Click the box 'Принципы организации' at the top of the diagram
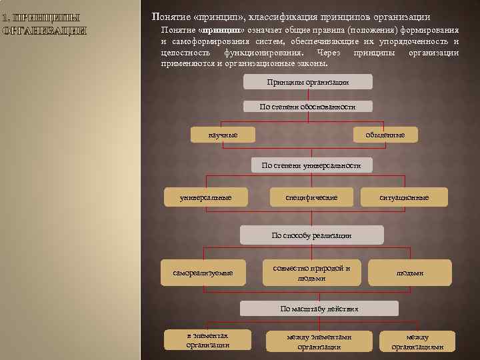[x=307, y=82]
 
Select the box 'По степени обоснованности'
[x=307, y=107]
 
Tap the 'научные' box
[x=223, y=135]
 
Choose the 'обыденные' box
[x=385, y=135]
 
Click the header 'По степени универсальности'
[x=311, y=165]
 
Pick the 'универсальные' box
[x=206, y=197]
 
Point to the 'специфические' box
[x=311, y=197]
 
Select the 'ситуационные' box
[x=404, y=197]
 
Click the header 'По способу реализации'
[x=311, y=235]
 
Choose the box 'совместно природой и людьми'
[x=311, y=273]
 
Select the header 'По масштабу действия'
[x=319, y=309]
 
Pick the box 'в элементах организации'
[x=207, y=340]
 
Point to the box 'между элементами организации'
[x=319, y=341]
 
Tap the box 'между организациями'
[x=417, y=341]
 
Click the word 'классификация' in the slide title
[x=283, y=17]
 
